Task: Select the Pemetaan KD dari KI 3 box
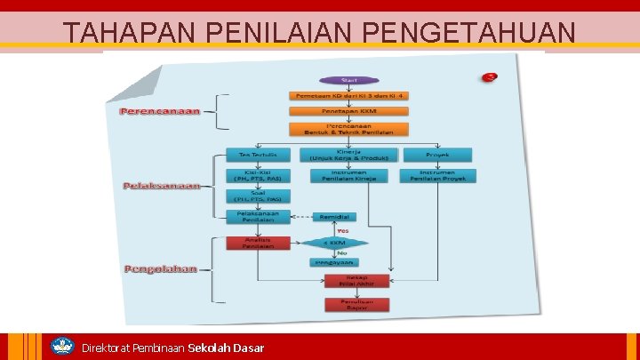pyautogui.click(x=348, y=95)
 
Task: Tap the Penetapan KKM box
pyautogui.click(x=348, y=111)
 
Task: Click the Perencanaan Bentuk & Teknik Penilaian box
pyautogui.click(x=348, y=130)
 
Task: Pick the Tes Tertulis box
pyautogui.click(x=258, y=155)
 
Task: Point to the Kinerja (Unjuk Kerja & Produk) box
pyautogui.click(x=348, y=155)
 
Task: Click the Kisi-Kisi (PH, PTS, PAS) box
pyautogui.click(x=258, y=175)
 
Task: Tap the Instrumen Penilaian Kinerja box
pyautogui.click(x=348, y=175)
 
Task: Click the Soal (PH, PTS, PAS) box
pyautogui.click(x=258, y=196)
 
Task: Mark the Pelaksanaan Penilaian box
pyautogui.click(x=258, y=217)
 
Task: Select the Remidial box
pyautogui.click(x=334, y=217)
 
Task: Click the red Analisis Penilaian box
pyautogui.click(x=258, y=242)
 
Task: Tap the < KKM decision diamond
pyautogui.click(x=334, y=242)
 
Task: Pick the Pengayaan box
pyautogui.click(x=334, y=262)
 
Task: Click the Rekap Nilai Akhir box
pyautogui.click(x=348, y=281)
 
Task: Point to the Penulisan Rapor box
pyautogui.click(x=348, y=304)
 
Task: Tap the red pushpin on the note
pyautogui.click(x=489, y=77)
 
